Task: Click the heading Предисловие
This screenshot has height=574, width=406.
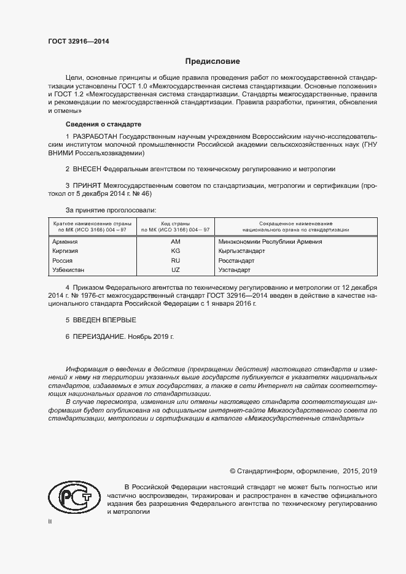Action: [x=213, y=61]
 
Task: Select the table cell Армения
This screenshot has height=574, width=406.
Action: [x=66, y=242]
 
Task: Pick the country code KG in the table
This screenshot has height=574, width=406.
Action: [x=175, y=251]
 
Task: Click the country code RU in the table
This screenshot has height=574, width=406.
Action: [x=175, y=260]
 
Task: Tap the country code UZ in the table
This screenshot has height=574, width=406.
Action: [x=175, y=270]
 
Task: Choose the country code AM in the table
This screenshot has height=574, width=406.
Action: [x=175, y=242]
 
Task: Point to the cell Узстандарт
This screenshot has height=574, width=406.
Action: [x=235, y=270]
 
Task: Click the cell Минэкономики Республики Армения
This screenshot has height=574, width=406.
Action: [x=270, y=242]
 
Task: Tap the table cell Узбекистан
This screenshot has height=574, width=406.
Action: [x=69, y=270]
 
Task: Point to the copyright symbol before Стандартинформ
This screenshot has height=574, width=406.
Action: [x=233, y=471]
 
